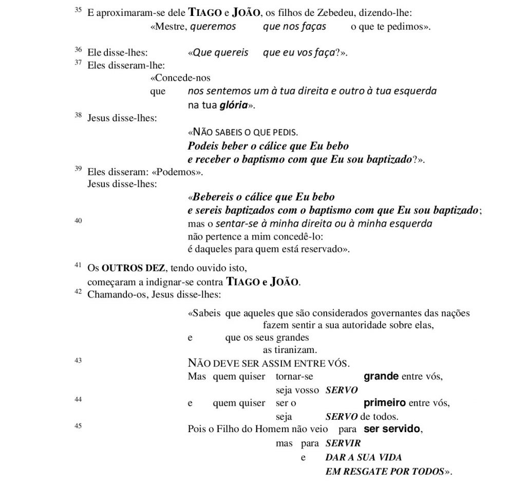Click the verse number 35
click(x=78, y=10)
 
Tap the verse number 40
click(x=78, y=220)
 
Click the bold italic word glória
click(x=234, y=105)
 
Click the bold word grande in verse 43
click(x=381, y=376)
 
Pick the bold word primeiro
click(x=385, y=403)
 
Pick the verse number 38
click(x=78, y=115)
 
